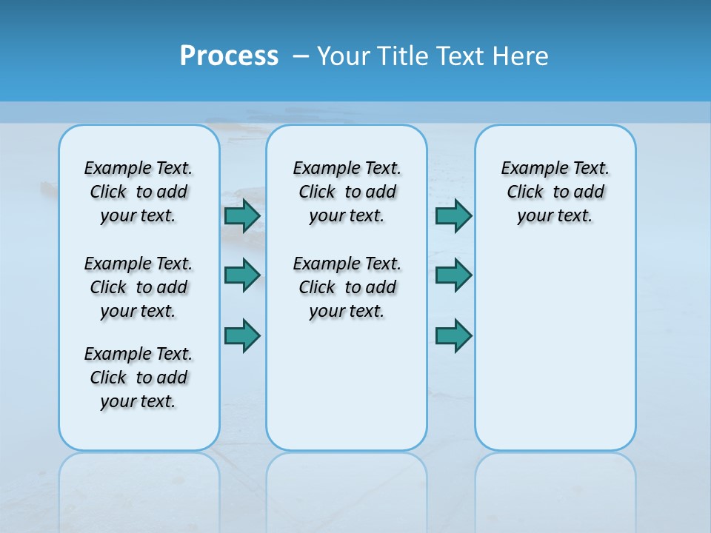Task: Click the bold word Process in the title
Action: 229,56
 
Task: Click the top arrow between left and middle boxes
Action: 242,215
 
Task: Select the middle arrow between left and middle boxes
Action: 242,275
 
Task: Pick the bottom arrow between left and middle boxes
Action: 242,335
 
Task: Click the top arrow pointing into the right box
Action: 453,215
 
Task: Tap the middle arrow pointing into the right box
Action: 453,275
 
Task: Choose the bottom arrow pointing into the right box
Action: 453,335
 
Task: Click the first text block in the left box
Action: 138,192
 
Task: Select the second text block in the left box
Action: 138,287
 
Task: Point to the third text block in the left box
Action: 138,378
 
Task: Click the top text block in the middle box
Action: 347,192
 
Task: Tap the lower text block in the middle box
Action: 347,287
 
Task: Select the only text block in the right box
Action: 555,192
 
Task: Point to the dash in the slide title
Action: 301,56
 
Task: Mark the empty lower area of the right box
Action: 555,341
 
